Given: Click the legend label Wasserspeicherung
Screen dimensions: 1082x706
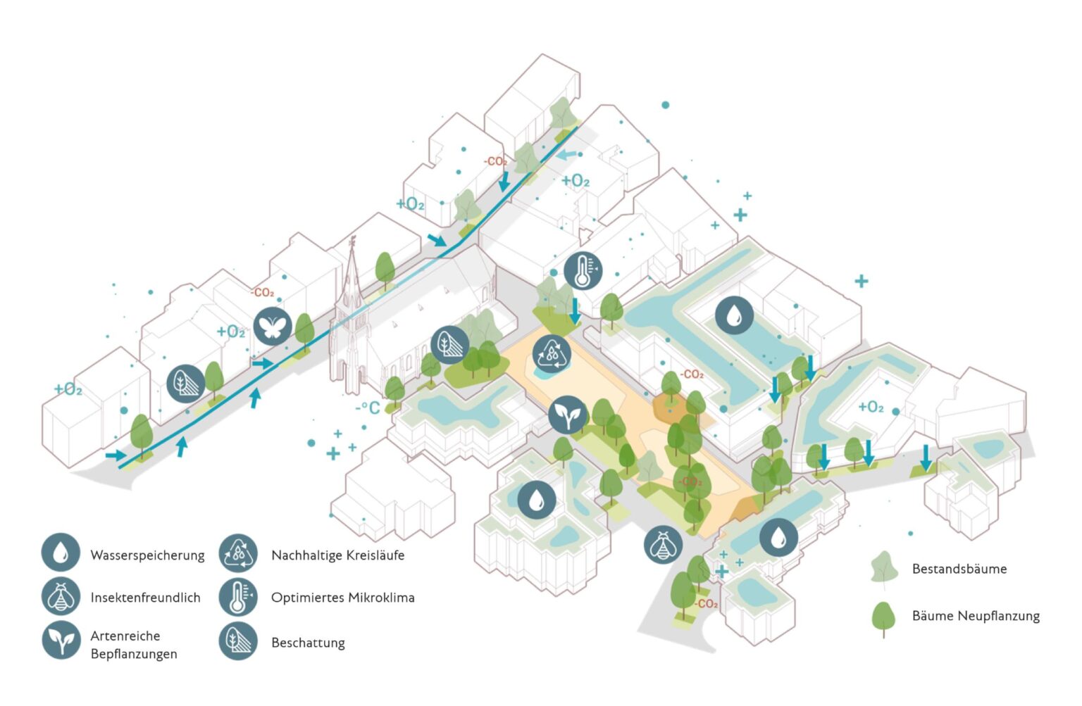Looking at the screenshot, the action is coord(147,555).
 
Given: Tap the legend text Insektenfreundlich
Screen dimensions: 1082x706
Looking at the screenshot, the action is coord(145,598).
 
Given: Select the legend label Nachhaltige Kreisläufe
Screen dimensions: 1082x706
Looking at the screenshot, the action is coord(337,555).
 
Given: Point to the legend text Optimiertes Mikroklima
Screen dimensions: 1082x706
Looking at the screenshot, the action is coord(343,598).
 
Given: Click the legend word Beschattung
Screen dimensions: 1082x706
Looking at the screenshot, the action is coord(308,643).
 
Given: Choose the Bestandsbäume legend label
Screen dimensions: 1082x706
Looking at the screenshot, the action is coord(959,569).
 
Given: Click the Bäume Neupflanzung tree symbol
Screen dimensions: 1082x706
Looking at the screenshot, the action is coord(883,619).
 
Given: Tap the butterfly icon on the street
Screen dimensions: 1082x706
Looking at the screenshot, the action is coord(273,326).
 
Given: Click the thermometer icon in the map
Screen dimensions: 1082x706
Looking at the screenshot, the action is coord(583,270).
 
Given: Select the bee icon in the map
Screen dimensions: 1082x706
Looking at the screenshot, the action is coord(663,544).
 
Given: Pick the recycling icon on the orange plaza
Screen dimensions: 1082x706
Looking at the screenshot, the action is coord(552,353).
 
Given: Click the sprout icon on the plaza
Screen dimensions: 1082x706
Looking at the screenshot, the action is coord(568,415).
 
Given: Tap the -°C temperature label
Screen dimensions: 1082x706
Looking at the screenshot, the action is coord(368,408).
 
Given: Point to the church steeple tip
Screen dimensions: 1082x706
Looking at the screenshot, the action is coord(353,237).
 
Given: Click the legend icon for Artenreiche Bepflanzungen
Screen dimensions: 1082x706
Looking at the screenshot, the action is coord(61,640).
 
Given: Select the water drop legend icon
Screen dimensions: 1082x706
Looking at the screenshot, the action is coord(61,552).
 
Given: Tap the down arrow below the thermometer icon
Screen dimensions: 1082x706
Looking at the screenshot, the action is coord(575,311).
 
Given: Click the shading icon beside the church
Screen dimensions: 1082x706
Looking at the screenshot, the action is coord(449,345).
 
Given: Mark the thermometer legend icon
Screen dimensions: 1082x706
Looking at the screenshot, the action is coord(237,597).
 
